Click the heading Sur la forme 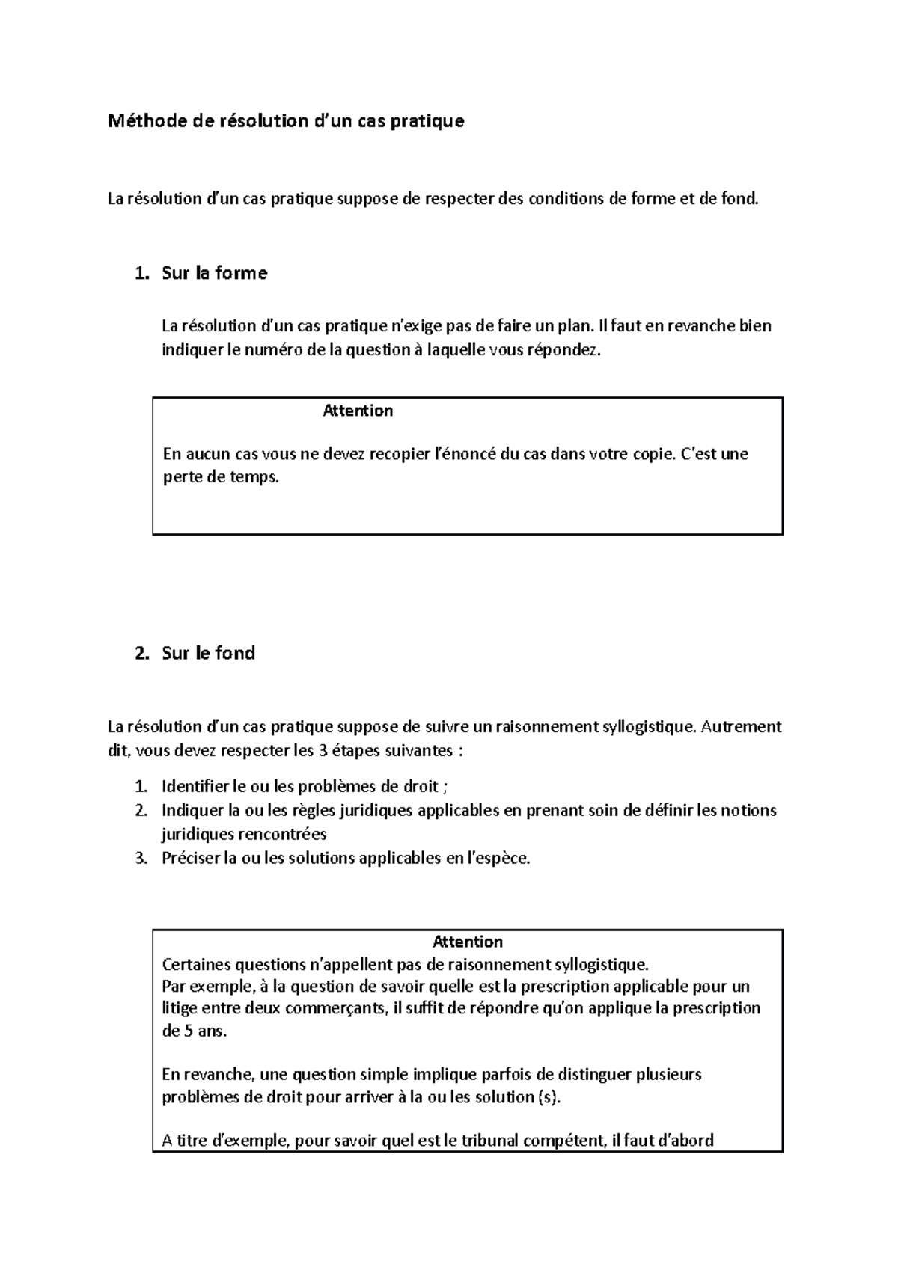click(214, 273)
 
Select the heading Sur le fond click(208, 653)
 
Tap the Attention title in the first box click(358, 411)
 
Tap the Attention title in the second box click(468, 942)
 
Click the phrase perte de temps click(220, 477)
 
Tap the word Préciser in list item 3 click(191, 858)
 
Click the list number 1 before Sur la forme click(141, 273)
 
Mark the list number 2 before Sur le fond click(141, 653)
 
